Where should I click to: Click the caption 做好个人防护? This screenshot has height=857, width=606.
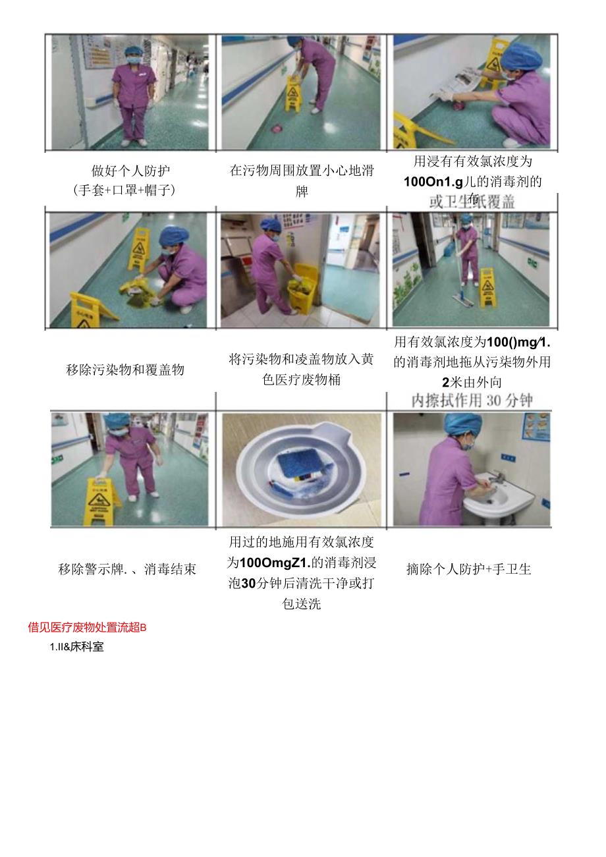point(130,171)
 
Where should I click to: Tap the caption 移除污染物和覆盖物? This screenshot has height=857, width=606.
point(125,370)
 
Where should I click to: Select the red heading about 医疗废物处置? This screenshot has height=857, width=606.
point(87,627)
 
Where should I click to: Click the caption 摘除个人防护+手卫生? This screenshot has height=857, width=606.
point(468,569)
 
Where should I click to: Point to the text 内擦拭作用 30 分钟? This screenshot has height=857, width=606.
point(472,401)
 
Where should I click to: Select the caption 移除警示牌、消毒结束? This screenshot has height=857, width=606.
point(127,569)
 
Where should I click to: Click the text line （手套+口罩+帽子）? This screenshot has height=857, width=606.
point(130,191)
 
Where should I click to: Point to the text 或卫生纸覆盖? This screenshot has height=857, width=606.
point(472,202)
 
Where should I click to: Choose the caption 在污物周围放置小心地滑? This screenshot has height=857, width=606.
point(302,171)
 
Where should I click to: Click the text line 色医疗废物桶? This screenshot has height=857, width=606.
point(302,379)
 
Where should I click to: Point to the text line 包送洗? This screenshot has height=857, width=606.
point(302,603)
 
